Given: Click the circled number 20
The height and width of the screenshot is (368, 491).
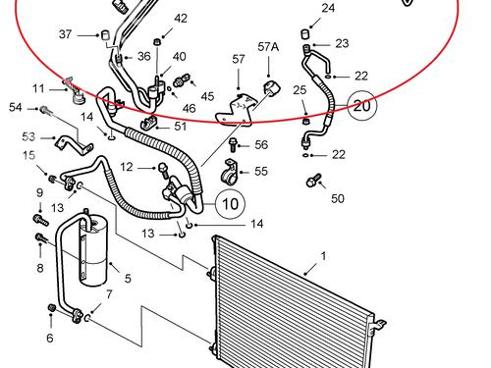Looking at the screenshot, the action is [x=362, y=105].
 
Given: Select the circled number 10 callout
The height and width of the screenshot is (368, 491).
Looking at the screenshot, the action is [x=230, y=203].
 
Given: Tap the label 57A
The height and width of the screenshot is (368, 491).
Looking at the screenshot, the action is [x=268, y=47].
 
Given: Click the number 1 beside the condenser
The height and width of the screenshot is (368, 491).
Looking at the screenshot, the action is [x=323, y=256].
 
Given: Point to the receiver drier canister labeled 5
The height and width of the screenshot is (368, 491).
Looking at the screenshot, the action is [x=93, y=250].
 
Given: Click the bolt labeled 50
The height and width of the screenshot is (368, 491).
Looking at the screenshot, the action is [x=312, y=181].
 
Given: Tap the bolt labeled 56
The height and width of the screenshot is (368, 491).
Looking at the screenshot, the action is [x=233, y=144].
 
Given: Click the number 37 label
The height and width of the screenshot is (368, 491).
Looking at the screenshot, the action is [x=65, y=34].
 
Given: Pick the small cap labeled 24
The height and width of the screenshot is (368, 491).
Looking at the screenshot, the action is [x=305, y=33].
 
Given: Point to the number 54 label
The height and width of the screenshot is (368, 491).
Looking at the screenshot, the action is [x=16, y=107].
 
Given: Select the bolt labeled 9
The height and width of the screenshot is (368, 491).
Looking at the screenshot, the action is [x=41, y=220].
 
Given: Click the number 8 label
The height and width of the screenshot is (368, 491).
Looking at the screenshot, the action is [x=40, y=268].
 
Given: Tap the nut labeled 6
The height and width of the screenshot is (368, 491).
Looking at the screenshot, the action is [x=52, y=307].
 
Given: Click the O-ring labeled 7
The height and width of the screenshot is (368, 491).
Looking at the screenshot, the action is [x=87, y=317].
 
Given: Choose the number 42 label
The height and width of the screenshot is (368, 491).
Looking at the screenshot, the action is [x=181, y=19].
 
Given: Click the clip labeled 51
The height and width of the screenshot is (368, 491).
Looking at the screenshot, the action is [x=149, y=123].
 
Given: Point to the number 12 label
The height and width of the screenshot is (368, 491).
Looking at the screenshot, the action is [x=127, y=167].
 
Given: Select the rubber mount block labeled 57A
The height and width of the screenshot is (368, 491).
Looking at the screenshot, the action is [x=271, y=87].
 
